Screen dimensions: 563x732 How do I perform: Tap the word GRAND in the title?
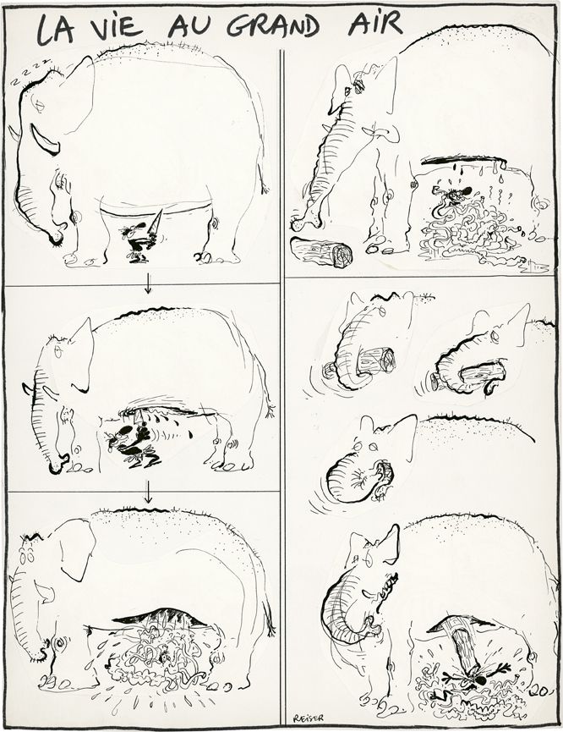coord(273,25)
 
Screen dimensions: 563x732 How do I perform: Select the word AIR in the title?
coord(375,24)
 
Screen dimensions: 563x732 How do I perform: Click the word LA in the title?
coord(56,29)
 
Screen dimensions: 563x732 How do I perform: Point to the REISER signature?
coord(309,718)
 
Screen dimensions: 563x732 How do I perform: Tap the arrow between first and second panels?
coord(148,283)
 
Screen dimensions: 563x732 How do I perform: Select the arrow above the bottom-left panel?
coord(148,492)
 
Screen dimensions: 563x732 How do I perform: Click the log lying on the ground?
coord(321,252)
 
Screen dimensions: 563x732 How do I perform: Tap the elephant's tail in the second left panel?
coord(269,405)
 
